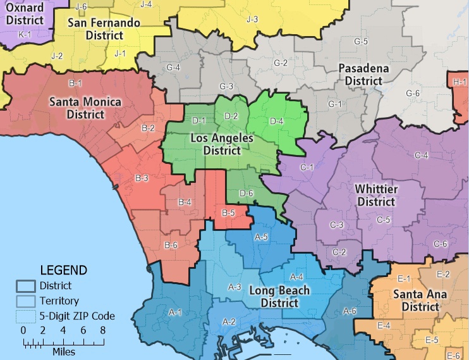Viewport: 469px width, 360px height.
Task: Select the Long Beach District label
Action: point(279,297)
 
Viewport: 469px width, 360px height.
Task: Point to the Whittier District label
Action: point(377,196)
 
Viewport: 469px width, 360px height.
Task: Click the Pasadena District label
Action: point(363,74)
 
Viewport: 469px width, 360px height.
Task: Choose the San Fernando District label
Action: point(104,29)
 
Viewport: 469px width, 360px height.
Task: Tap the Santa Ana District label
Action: point(415,301)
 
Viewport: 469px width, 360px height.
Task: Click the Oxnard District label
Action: point(25,13)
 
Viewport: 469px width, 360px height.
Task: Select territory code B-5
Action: point(228,213)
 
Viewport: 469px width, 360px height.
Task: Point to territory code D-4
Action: point(277,121)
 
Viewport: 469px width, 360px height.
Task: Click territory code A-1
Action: point(175,312)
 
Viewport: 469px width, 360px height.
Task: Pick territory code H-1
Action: point(460,82)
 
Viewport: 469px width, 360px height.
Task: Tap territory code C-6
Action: point(440,244)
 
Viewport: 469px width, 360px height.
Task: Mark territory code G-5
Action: point(361,41)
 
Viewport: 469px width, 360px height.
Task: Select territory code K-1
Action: point(25,34)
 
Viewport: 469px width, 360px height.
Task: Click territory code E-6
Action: point(453,356)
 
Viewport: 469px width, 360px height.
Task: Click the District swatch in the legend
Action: point(26,286)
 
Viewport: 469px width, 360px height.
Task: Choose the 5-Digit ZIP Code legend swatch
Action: point(26,315)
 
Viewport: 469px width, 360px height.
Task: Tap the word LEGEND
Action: point(63,270)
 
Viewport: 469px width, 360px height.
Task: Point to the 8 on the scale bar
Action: point(102,330)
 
